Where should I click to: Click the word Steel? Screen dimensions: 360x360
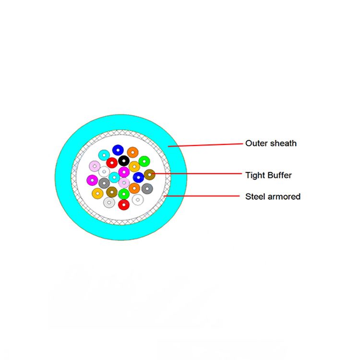click(255, 196)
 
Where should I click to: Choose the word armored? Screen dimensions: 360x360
click(284, 196)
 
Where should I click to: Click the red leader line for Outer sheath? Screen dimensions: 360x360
click(205, 145)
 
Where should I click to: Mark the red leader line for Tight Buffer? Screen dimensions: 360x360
click(196, 174)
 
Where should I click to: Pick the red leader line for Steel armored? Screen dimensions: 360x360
click(202, 196)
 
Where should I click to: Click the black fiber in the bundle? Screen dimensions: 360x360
click(124, 161)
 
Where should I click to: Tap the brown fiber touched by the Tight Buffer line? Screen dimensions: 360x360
click(149, 175)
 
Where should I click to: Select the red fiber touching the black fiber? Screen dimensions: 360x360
click(112, 163)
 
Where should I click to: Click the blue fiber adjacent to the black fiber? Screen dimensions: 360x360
click(118, 150)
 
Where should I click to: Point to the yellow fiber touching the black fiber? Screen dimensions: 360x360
click(134, 167)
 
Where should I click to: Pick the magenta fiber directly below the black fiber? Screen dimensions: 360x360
click(124, 172)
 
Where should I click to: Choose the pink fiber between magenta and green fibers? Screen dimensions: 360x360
click(124, 183)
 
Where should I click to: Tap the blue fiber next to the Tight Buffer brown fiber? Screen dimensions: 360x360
click(138, 178)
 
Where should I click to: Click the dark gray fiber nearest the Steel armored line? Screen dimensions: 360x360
click(147, 189)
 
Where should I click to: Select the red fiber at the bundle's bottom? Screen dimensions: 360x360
click(124, 204)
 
